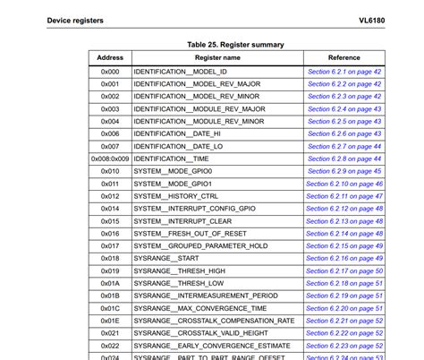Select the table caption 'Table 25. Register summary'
(235, 44)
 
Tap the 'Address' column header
(110, 57)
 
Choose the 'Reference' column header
(344, 57)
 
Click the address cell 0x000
(110, 71)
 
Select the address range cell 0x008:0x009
(110, 159)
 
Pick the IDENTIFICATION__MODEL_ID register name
(180, 71)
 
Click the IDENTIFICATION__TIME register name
(174, 159)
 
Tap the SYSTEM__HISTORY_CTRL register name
(175, 196)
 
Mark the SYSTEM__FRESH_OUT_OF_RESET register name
(190, 233)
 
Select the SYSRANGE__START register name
(165, 258)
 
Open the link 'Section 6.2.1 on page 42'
(344, 71)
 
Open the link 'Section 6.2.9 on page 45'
(344, 171)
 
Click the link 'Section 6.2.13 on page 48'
(344, 221)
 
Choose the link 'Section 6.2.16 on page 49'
(344, 258)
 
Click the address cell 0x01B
(110, 296)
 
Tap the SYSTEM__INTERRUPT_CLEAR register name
(182, 221)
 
